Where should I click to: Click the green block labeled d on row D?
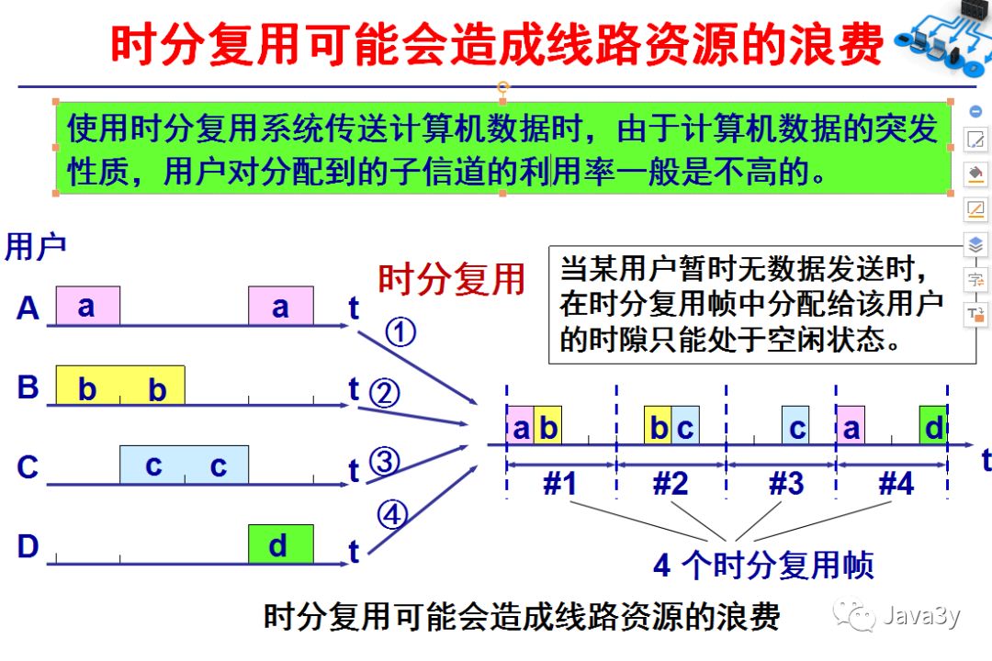280,544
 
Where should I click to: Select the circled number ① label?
400,332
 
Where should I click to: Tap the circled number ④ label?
392,516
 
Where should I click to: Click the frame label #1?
559,483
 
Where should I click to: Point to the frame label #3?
785,483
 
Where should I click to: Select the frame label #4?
896,483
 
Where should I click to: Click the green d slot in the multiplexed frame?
933,427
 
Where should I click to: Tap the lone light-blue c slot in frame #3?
795,427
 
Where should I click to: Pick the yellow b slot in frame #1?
547,427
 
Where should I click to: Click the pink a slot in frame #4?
851,427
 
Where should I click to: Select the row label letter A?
28,308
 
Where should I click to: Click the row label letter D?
28,547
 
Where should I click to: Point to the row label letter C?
28,467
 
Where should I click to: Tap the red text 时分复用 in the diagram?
451,278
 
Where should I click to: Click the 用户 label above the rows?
35,247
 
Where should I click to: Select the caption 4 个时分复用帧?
763,566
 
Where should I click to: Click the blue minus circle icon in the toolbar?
975,112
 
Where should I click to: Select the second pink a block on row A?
280,307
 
